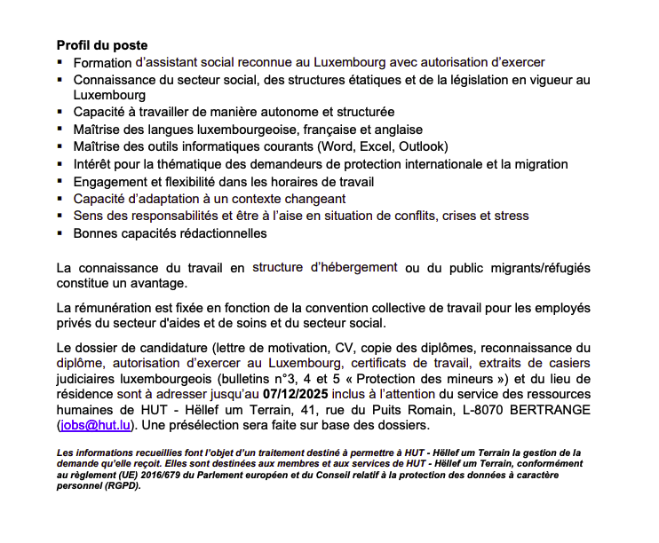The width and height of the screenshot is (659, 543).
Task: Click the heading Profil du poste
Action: point(101,45)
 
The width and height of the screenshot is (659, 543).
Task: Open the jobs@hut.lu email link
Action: point(97,426)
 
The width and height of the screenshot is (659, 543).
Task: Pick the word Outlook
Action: point(423,147)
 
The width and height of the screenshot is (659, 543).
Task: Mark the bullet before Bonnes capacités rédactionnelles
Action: point(60,232)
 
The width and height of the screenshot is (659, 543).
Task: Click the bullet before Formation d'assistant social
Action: point(60,63)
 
